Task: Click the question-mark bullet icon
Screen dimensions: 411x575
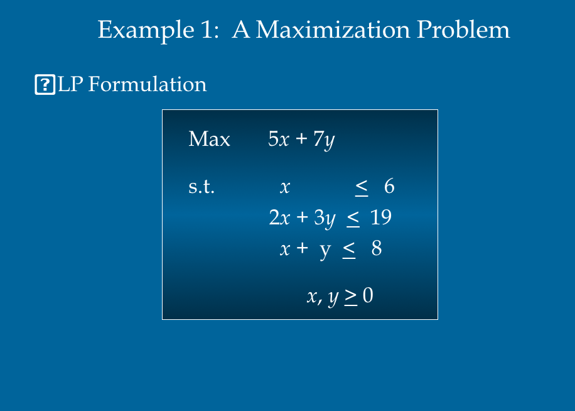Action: pos(45,84)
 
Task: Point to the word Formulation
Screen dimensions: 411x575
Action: pos(148,84)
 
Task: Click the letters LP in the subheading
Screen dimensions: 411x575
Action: pos(70,84)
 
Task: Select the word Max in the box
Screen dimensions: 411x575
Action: pos(209,139)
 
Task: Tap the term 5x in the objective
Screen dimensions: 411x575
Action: pos(278,139)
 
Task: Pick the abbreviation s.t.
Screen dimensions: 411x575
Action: pos(202,187)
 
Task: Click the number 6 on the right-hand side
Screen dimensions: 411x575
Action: pos(389,187)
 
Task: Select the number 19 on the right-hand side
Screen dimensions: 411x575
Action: pos(381,217)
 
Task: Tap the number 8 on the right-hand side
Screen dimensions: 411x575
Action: pos(377,249)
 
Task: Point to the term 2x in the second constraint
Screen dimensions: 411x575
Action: pos(279,217)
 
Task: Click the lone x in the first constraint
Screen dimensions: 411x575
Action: pos(285,187)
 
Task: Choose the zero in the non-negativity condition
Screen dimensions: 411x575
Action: pos(368,296)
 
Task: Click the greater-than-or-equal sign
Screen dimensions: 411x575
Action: pos(350,297)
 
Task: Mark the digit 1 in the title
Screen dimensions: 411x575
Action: pos(210,30)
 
